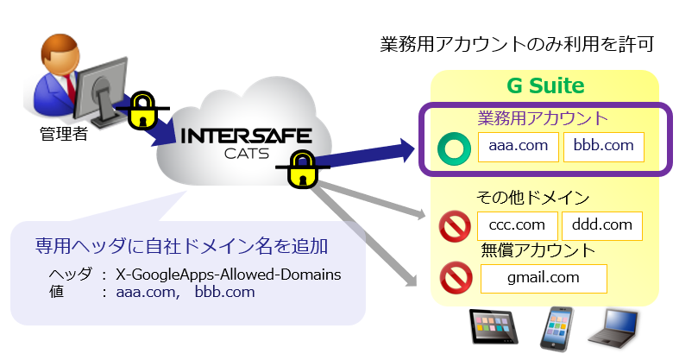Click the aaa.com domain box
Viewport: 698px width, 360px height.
tap(519, 146)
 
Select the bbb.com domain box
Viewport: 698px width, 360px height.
tap(604, 146)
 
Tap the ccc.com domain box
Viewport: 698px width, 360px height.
tap(516, 225)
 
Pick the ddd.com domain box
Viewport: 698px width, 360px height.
tap(601, 225)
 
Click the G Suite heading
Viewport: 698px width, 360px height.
tap(544, 86)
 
